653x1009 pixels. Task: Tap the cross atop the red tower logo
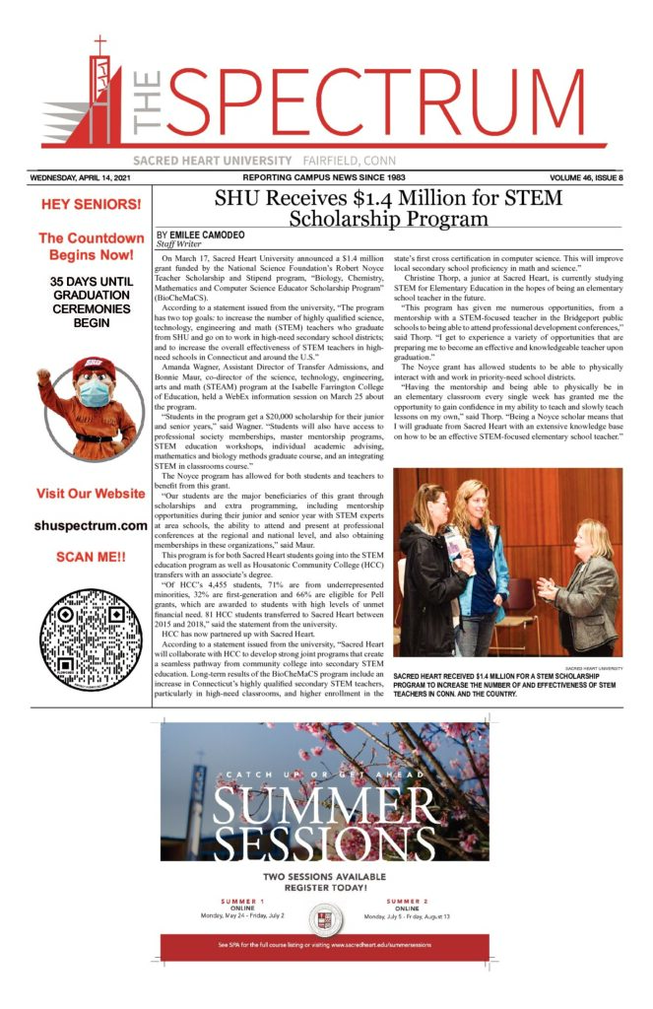pyautogui.click(x=98, y=45)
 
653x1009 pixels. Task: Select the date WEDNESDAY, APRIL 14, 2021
pyautogui.click(x=86, y=177)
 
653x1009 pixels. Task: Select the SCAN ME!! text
pyautogui.click(x=91, y=557)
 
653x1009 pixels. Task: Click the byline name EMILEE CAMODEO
pyautogui.click(x=206, y=235)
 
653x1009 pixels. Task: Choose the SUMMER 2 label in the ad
pyautogui.click(x=406, y=901)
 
